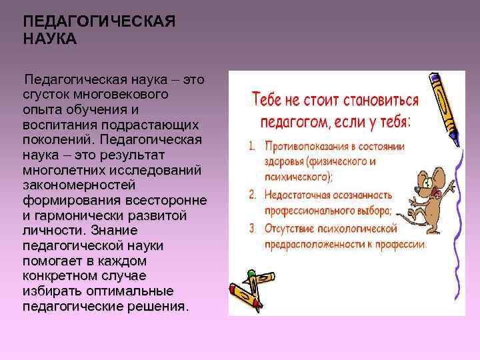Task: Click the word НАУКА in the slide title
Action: pos(50,39)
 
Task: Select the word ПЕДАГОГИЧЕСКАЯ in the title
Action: pos(99,23)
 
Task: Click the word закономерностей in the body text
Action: pos(79,185)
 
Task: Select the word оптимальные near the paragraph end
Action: pos(119,291)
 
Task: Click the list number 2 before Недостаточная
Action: pos(252,195)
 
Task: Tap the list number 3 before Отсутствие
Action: pos(252,229)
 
